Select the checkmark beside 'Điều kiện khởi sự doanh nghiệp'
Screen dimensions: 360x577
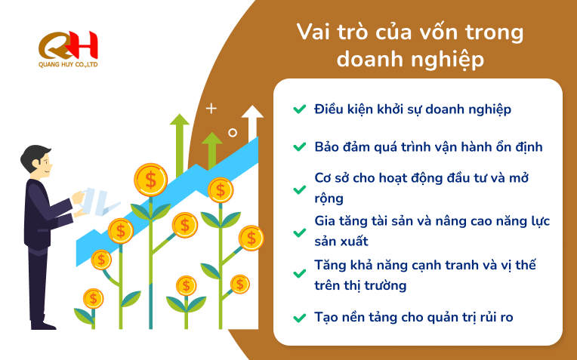[299, 109]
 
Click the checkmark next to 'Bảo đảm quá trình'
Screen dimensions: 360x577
[299, 146]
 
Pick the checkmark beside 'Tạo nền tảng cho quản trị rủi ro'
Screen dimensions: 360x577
[299, 317]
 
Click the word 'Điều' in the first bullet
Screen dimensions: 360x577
[329, 109]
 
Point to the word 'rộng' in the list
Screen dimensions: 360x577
[329, 199]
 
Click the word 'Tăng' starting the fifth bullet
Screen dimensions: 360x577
[330, 266]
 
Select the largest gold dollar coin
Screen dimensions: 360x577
[150, 180]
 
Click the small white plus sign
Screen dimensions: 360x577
[211, 108]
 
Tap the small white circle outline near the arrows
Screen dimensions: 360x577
[233, 133]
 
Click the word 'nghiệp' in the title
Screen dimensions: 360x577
[449, 59]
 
